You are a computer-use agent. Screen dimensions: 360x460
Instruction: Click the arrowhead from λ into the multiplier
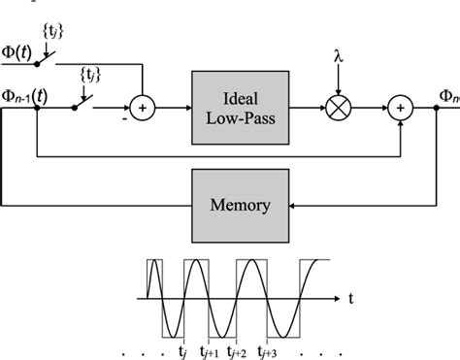point(337,95)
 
